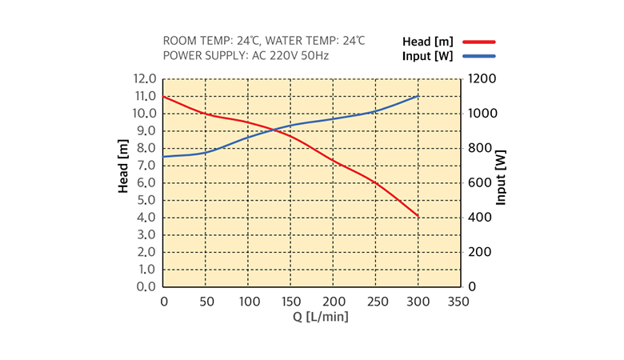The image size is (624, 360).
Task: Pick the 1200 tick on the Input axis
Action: (483, 79)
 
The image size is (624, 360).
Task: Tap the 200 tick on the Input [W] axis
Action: (480, 252)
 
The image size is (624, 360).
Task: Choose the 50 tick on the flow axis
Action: (206, 302)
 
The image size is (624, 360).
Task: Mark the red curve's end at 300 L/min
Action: (418, 217)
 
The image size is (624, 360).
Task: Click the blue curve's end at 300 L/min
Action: (418, 96)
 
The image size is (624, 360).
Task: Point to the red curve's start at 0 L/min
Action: (163, 97)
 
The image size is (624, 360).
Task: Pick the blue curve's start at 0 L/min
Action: (163, 157)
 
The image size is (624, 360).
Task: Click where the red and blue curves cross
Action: (273, 130)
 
